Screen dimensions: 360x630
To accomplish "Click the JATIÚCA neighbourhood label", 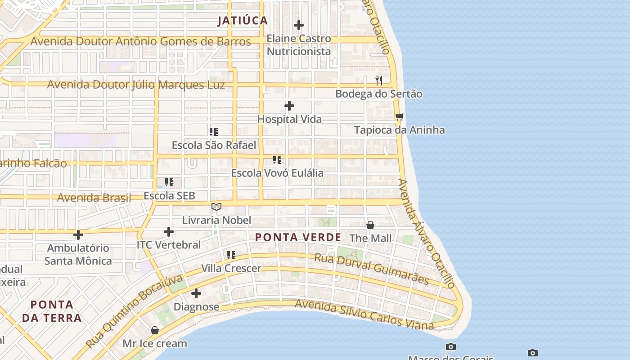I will (x=243, y=20).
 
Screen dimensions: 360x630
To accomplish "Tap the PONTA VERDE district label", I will (x=298, y=237).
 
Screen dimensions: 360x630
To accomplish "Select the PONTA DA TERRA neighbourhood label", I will (x=52, y=311).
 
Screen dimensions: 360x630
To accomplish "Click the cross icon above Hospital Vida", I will (x=289, y=106).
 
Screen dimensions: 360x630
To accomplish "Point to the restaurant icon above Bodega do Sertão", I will (x=379, y=81).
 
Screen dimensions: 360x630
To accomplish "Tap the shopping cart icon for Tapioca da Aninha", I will (x=399, y=117).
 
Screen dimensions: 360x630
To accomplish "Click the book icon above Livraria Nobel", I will (x=216, y=207).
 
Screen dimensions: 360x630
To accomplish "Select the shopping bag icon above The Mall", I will (x=370, y=225).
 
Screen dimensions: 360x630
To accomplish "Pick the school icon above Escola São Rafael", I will (x=214, y=132).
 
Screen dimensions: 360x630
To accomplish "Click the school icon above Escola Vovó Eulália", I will (x=277, y=160).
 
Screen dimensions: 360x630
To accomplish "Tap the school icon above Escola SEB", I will (x=169, y=182).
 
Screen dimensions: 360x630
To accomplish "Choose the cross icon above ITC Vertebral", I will (x=169, y=232).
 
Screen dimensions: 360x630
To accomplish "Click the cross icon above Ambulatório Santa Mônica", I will (x=78, y=235).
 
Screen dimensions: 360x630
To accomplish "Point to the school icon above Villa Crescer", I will (x=231, y=255).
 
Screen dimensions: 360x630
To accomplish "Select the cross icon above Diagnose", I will (x=196, y=294).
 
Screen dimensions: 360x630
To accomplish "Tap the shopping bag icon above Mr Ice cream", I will (x=155, y=330).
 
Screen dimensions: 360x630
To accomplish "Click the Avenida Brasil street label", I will (x=94, y=198).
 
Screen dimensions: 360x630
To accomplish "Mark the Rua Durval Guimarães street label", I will (x=371, y=268).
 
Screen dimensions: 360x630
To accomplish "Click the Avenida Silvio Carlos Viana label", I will (x=364, y=315).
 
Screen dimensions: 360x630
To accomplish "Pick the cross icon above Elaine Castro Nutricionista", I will (x=299, y=25).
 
